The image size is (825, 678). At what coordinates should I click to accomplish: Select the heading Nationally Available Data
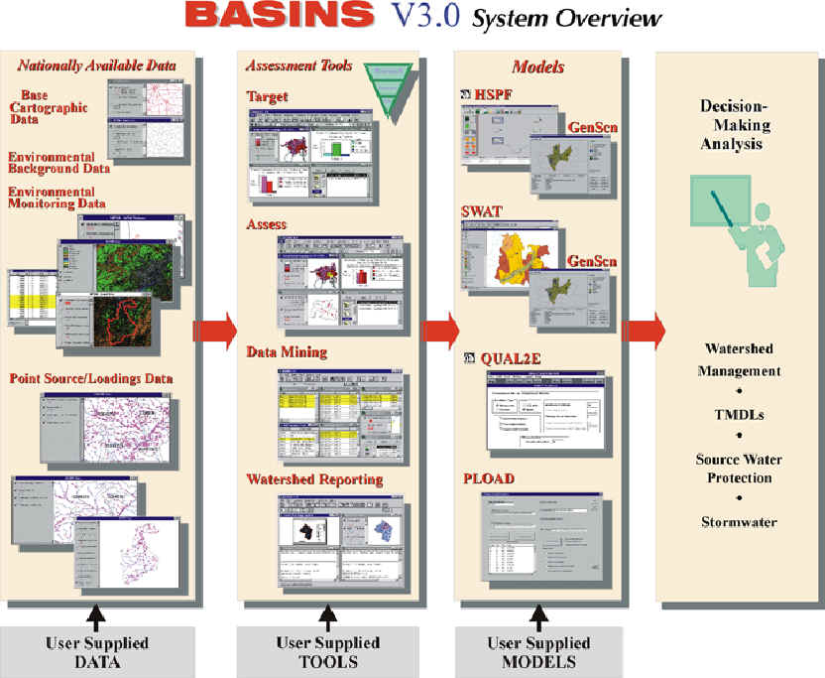96,67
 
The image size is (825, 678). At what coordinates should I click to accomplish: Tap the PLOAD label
490,479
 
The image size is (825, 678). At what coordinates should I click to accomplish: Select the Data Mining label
287,352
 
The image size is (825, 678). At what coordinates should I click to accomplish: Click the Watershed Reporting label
314,479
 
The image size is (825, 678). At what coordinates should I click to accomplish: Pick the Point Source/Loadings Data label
91,378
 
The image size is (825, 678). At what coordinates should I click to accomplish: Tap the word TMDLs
739,417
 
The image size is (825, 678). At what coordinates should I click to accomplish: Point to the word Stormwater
740,521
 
